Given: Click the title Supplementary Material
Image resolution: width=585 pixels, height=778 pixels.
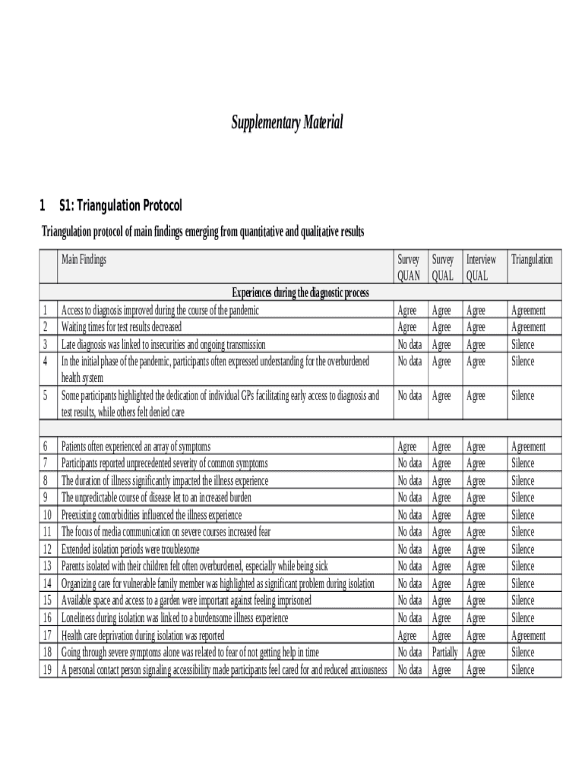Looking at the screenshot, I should [x=287, y=122].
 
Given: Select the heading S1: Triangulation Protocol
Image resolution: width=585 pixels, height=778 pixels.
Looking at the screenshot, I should [x=120, y=206].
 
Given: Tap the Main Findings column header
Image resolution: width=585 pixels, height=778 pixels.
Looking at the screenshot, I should [x=84, y=260].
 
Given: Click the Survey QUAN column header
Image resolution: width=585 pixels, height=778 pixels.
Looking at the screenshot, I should [x=409, y=267].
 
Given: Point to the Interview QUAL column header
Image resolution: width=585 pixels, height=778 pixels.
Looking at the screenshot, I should [x=481, y=267].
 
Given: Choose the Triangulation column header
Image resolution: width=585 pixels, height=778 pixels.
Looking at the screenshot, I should [x=532, y=260].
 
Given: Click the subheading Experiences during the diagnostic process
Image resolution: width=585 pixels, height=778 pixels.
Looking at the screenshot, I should [x=300, y=293].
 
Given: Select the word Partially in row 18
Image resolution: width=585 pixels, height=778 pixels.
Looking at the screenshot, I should [x=444, y=653].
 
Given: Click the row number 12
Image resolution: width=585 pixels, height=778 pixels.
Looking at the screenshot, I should [x=47, y=549].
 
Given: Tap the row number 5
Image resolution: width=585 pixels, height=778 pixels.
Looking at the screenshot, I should [x=46, y=396].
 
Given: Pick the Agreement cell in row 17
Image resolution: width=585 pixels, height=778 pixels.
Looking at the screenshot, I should [x=528, y=636].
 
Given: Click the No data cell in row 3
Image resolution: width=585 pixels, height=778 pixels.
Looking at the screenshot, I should [x=409, y=344].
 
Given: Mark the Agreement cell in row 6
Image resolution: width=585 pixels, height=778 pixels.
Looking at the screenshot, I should [x=528, y=447].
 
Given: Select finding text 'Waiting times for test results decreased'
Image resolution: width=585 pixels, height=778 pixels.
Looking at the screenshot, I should [x=122, y=327].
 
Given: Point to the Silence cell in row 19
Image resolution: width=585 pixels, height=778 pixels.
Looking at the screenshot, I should [x=523, y=670].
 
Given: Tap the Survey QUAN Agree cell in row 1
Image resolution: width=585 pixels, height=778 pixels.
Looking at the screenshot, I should [x=407, y=310].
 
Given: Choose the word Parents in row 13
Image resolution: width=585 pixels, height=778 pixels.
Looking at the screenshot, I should [x=74, y=567].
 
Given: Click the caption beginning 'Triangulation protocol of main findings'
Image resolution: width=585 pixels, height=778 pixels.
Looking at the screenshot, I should [x=203, y=232].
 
